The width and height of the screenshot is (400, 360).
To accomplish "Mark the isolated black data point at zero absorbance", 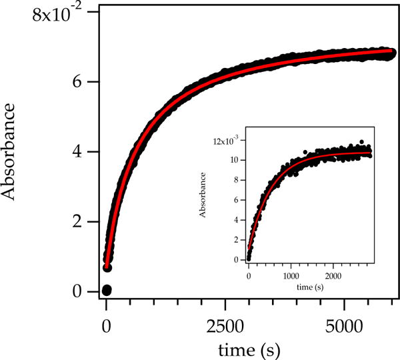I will tap(107, 290).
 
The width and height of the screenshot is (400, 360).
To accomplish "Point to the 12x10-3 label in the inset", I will tap(225, 141).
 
